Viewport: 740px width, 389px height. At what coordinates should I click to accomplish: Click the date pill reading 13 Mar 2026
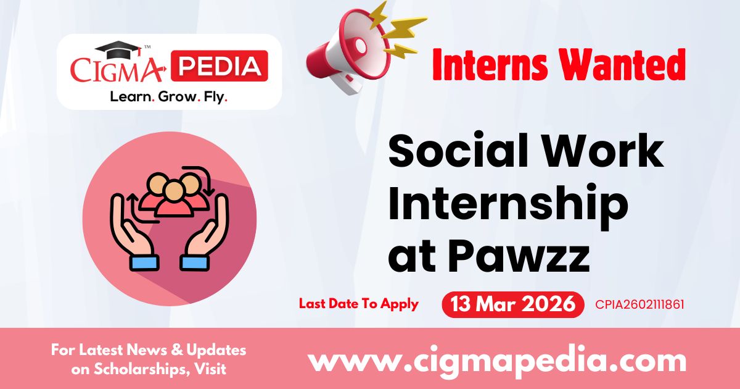(x=512, y=304)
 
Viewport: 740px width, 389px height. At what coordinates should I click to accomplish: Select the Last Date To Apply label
(x=358, y=304)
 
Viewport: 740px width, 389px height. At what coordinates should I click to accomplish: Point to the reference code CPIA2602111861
(x=639, y=304)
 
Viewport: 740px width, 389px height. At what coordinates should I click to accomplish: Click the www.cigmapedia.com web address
(x=496, y=360)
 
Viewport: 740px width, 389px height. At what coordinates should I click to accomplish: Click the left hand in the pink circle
(x=133, y=232)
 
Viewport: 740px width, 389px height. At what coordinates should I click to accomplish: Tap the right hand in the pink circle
(x=206, y=232)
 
